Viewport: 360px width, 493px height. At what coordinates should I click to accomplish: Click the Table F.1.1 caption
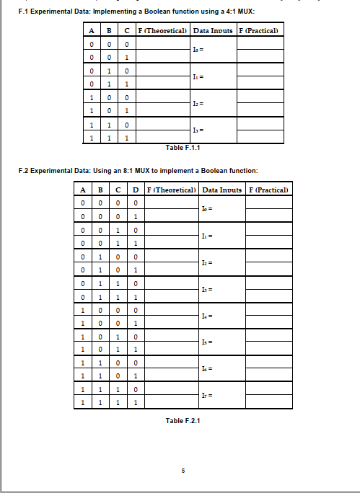click(183, 147)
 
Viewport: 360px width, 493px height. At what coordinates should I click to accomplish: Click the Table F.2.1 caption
click(183, 421)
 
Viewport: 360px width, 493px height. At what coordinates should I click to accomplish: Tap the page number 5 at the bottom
click(183, 471)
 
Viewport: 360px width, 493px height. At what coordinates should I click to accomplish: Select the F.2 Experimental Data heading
click(137, 170)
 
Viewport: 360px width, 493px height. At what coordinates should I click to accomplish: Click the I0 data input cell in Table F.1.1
click(213, 50)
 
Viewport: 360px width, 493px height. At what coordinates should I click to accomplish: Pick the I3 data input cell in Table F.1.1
click(213, 130)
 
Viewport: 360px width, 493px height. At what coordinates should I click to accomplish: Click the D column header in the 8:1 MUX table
click(136, 190)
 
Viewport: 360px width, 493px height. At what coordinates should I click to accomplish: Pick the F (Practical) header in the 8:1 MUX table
click(268, 190)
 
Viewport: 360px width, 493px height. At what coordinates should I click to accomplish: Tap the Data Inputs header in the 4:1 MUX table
click(213, 30)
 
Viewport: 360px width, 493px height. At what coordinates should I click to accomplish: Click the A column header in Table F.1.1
click(92, 30)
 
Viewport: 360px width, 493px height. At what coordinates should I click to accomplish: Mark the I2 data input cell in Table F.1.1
click(213, 104)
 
